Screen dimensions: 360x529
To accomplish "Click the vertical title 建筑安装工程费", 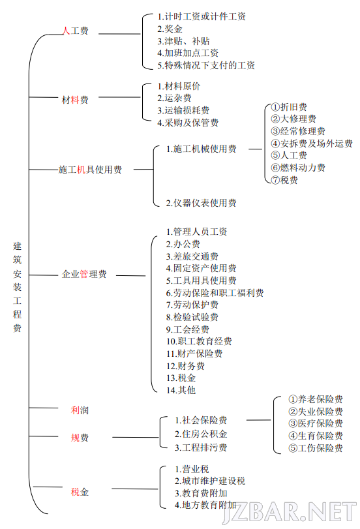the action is [17, 287].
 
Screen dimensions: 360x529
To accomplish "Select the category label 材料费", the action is [75, 100].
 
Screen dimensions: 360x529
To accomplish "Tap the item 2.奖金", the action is [170, 29].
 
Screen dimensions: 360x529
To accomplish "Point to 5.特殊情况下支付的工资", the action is [206, 65].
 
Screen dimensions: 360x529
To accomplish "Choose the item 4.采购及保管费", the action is [188, 123].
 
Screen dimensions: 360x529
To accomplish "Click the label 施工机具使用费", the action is [90, 170].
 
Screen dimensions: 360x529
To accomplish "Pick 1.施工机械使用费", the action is [202, 149].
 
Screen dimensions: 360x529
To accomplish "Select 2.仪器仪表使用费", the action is [201, 203].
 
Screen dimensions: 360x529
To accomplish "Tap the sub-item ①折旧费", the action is [289, 107].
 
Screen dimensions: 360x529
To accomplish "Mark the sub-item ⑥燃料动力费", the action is [298, 168].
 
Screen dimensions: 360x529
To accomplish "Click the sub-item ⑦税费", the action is [284, 180].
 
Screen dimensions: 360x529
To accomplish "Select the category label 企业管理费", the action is [84, 274].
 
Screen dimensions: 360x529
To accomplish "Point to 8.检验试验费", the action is [192, 317].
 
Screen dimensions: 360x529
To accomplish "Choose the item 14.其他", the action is [181, 390].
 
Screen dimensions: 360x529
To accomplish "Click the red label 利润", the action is [80, 410].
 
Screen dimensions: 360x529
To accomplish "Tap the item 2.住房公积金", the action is [201, 434].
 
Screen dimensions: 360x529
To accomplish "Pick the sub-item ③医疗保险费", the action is [316, 424].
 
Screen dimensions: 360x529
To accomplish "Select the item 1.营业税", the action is [192, 469].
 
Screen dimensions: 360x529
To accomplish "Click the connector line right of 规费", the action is [135, 438].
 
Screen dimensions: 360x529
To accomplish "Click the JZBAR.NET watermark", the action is [290, 512].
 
